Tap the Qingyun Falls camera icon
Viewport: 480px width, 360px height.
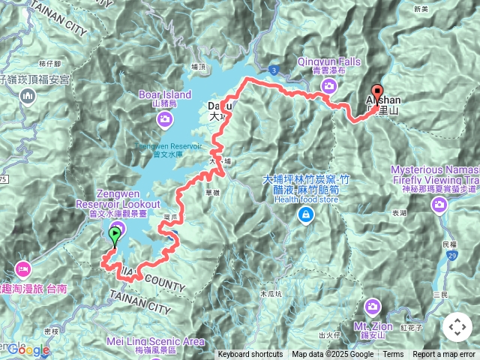click(328, 87)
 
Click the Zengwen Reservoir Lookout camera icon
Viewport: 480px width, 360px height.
click(118, 228)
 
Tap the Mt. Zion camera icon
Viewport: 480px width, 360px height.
click(373, 307)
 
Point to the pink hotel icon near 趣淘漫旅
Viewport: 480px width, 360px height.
click(22, 268)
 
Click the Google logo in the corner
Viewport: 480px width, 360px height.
click(28, 349)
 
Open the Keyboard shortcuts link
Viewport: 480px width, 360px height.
click(250, 355)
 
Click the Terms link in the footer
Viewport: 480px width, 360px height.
click(393, 355)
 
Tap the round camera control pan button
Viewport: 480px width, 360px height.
click(457, 327)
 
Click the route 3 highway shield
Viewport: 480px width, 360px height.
click(275, 70)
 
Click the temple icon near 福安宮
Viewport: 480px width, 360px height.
click(28, 96)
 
